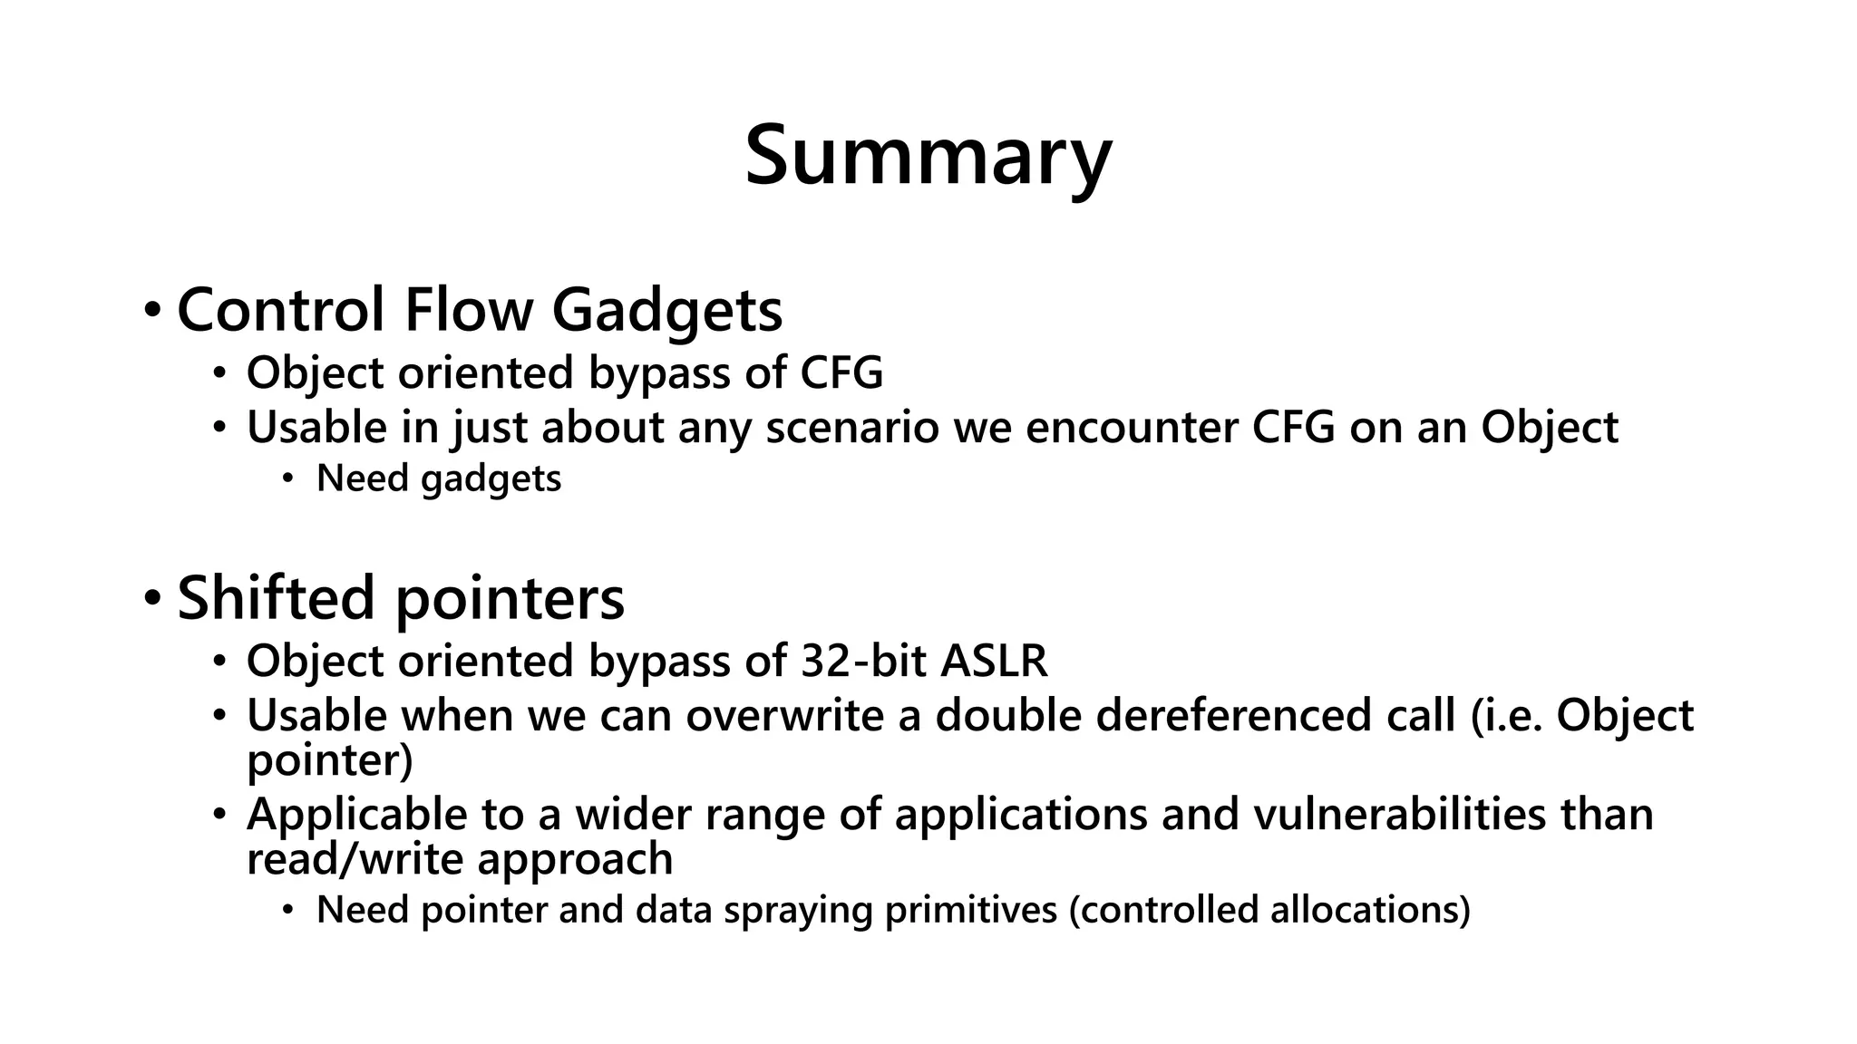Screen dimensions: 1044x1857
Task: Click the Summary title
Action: click(928, 156)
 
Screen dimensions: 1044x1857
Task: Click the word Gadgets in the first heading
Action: click(666, 310)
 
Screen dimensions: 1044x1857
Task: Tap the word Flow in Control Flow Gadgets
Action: click(468, 310)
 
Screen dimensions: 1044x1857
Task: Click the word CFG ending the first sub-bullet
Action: click(841, 372)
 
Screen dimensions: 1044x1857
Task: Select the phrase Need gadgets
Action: click(439, 478)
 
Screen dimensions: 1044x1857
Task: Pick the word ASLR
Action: click(994, 661)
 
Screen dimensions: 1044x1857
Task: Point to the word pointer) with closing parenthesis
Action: click(329, 759)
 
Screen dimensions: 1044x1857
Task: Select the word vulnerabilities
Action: click(1399, 814)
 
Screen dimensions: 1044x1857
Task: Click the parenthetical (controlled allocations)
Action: click(1269, 910)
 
